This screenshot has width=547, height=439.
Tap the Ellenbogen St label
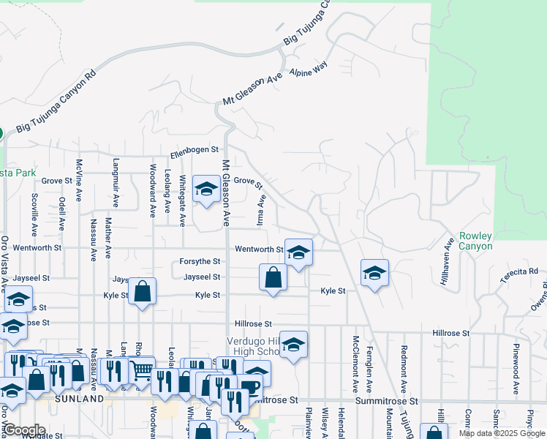[195, 151]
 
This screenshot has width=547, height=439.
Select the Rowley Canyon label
[475, 241]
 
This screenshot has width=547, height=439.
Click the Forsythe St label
[200, 261]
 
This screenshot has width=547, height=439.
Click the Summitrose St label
[386, 401]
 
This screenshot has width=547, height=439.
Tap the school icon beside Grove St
[206, 190]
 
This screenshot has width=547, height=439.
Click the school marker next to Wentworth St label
[298, 253]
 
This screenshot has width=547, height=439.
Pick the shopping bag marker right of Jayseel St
[273, 277]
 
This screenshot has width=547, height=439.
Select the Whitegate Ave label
[183, 205]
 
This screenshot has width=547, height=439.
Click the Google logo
[24, 429]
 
